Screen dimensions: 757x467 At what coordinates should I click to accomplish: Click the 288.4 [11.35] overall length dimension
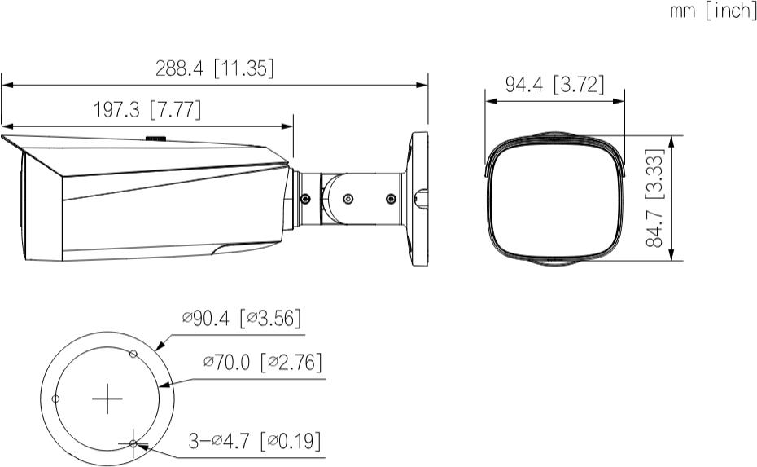tap(214, 68)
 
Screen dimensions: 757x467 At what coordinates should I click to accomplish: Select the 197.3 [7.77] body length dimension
tap(147, 110)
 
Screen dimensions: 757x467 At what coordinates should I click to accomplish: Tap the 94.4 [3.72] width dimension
tap(554, 85)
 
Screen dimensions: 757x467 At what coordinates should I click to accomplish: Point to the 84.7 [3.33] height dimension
tap(655, 197)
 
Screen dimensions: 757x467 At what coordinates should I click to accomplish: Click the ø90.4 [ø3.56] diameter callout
tap(242, 318)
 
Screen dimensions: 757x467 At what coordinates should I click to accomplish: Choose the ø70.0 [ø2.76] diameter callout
tap(263, 362)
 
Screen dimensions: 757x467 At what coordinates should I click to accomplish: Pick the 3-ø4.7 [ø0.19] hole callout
tap(255, 440)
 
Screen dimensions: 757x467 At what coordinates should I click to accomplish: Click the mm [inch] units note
tap(712, 11)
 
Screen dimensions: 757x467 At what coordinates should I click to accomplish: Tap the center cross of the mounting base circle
tap(107, 399)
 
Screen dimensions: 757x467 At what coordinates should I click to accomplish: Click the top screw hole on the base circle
tap(133, 354)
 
